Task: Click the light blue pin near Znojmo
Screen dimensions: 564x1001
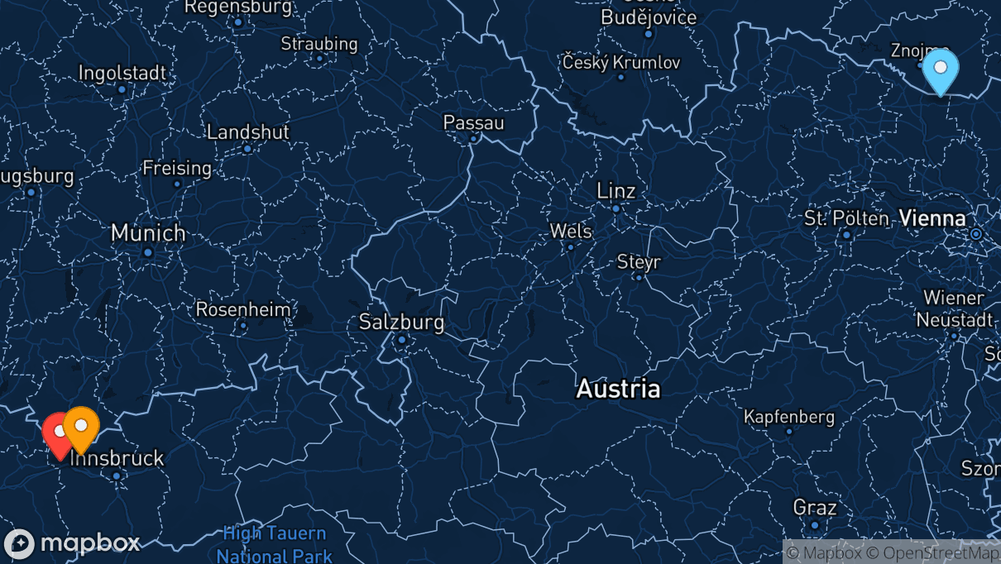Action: (x=940, y=69)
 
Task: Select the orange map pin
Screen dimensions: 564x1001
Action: (x=81, y=426)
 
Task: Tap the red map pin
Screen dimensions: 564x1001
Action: (x=57, y=433)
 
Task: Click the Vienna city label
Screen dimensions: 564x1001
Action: (x=932, y=218)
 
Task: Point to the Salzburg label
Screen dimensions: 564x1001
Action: (x=401, y=322)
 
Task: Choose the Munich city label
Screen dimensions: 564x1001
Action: (x=148, y=233)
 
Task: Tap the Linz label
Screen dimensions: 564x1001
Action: (x=616, y=191)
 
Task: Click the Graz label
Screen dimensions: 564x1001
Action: (x=815, y=507)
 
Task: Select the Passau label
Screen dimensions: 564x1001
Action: (x=473, y=122)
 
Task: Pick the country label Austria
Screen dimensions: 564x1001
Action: (x=618, y=389)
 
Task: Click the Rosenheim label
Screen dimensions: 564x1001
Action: (x=243, y=310)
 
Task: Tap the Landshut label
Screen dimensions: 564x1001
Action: (x=247, y=131)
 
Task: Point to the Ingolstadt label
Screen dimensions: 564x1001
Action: (x=122, y=73)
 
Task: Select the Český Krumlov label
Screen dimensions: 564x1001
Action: (x=620, y=62)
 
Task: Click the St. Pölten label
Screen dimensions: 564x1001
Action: (x=845, y=219)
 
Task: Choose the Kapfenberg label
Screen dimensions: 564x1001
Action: (x=789, y=417)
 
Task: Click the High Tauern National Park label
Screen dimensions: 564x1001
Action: (x=275, y=545)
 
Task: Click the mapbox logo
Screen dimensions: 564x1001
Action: (x=72, y=543)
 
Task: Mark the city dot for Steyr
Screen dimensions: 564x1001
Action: (x=639, y=277)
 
